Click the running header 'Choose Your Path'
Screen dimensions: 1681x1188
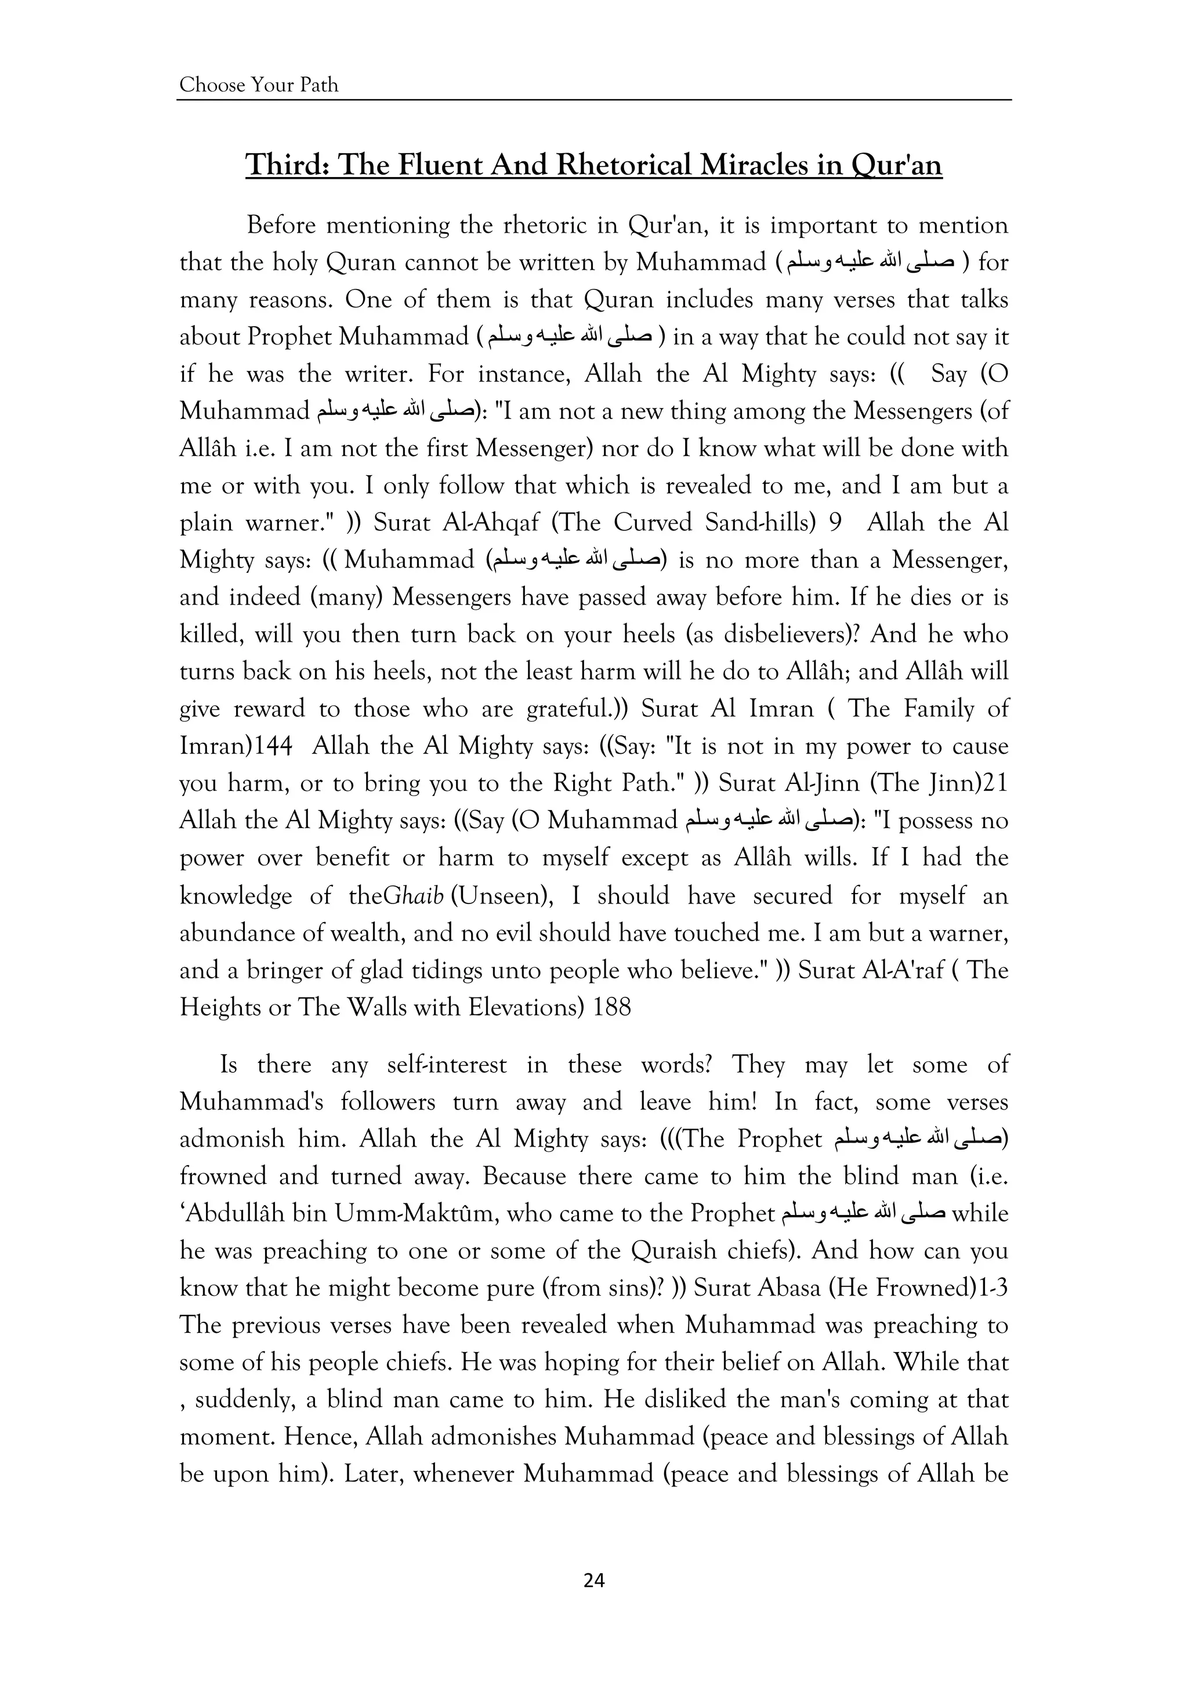tap(259, 85)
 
